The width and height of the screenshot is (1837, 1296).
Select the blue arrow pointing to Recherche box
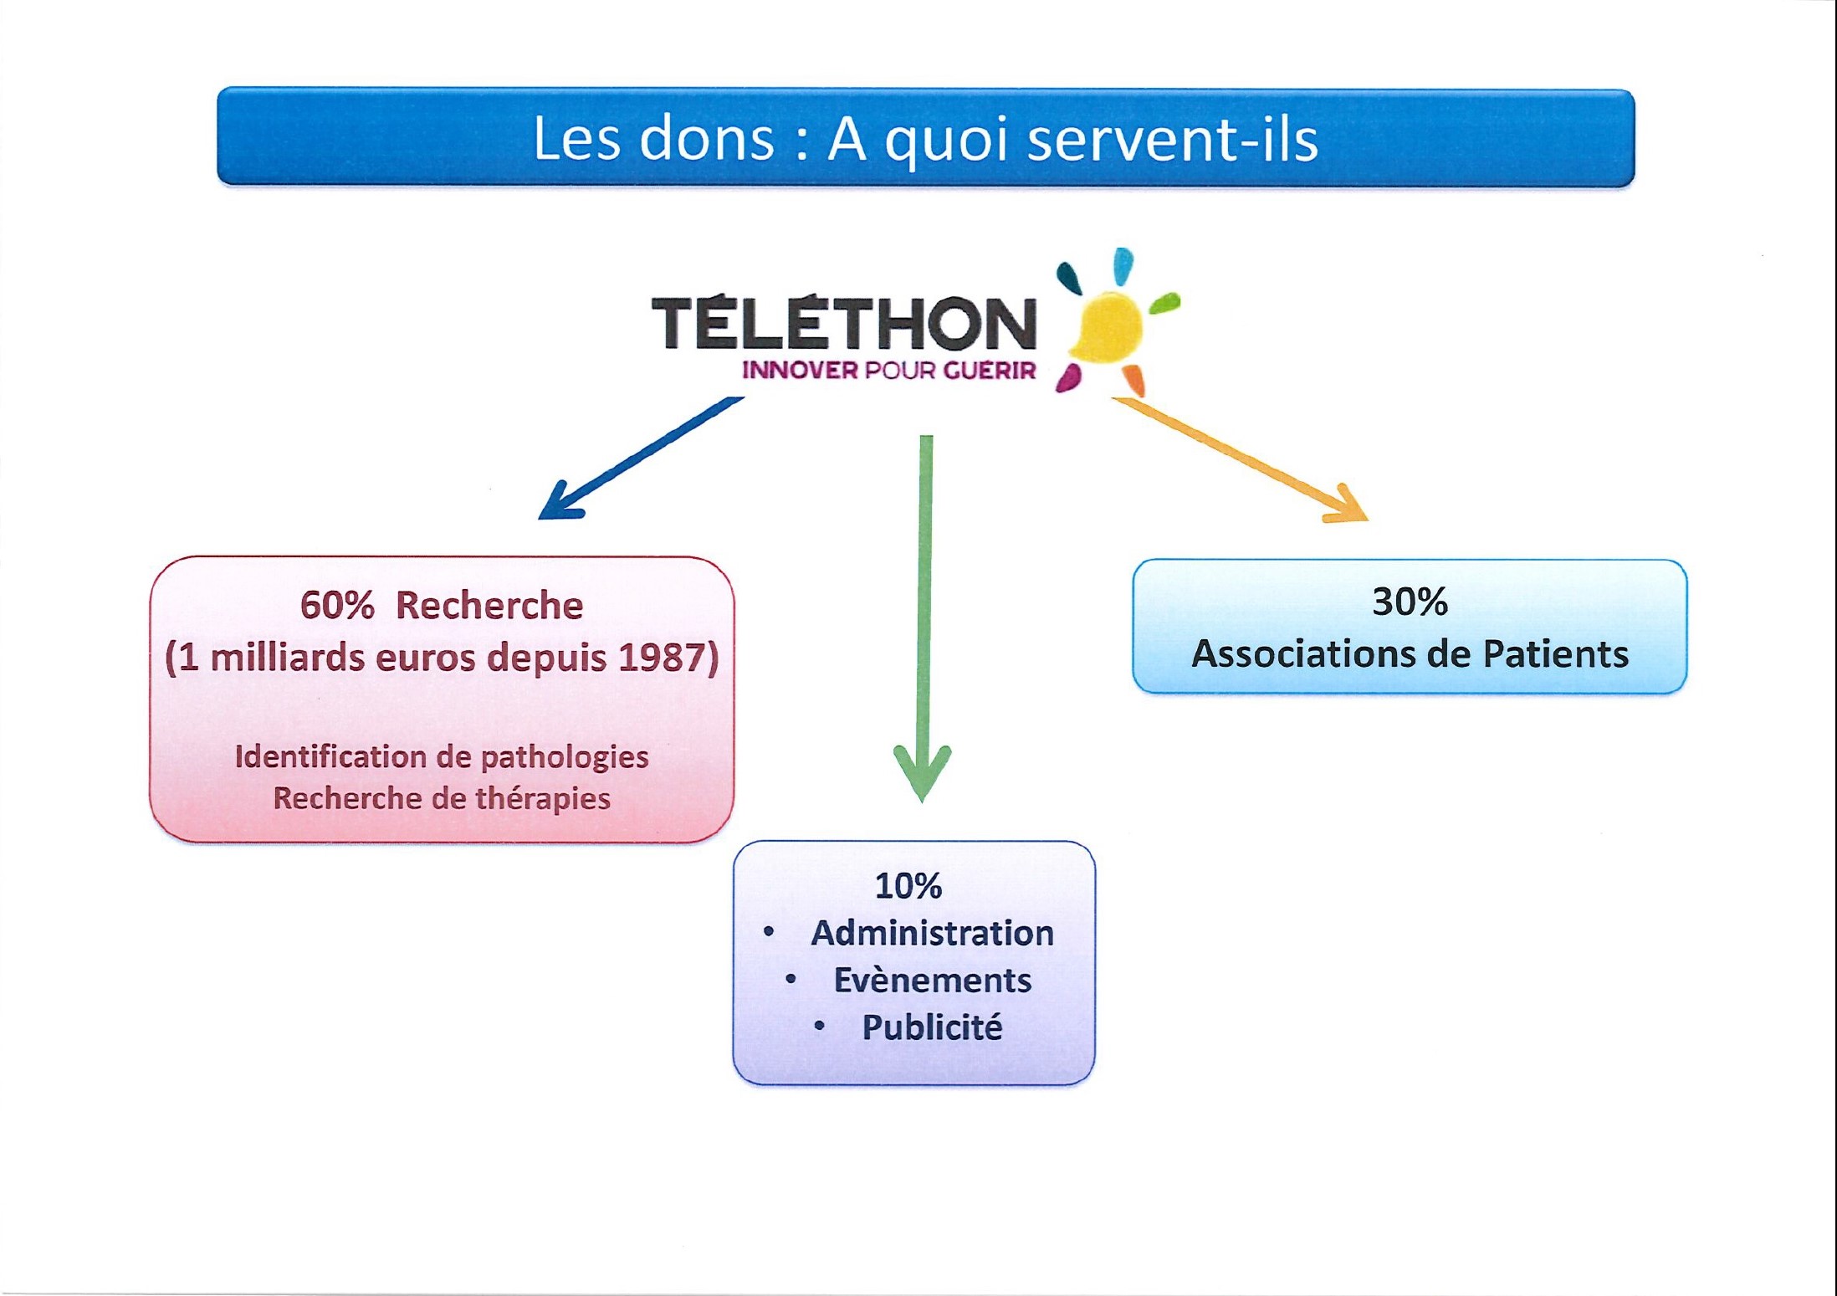(x=640, y=458)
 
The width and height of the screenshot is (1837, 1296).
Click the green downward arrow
(x=924, y=619)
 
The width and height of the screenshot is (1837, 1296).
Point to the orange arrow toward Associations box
(x=1240, y=460)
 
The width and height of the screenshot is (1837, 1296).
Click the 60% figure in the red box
(x=337, y=605)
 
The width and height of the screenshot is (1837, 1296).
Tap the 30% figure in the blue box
(x=1410, y=602)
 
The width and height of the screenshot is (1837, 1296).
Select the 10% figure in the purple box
(x=908, y=886)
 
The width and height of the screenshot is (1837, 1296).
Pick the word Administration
(x=932, y=933)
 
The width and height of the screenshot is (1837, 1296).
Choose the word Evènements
(x=932, y=980)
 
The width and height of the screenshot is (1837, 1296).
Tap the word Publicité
(x=932, y=1027)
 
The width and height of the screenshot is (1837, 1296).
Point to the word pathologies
(x=565, y=757)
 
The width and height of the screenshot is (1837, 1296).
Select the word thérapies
(x=543, y=798)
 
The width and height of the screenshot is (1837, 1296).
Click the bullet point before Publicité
(x=819, y=1026)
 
